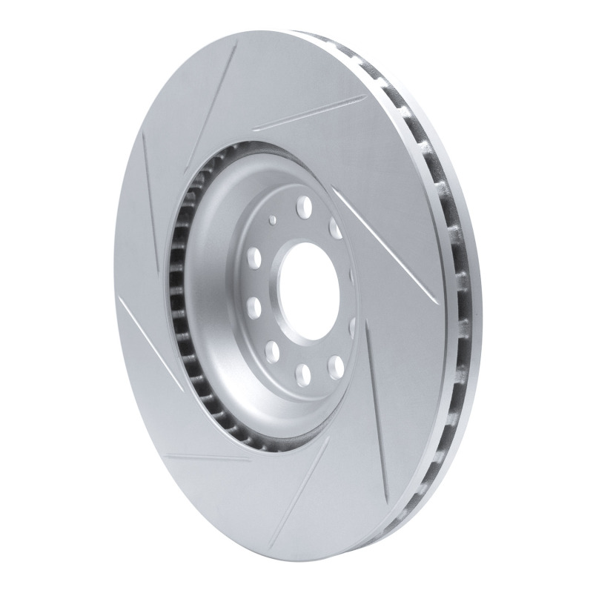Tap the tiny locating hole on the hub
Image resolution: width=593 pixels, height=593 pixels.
pyautogui.click(x=274, y=219)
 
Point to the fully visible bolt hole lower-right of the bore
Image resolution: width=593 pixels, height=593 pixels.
pyautogui.click(x=337, y=363)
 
